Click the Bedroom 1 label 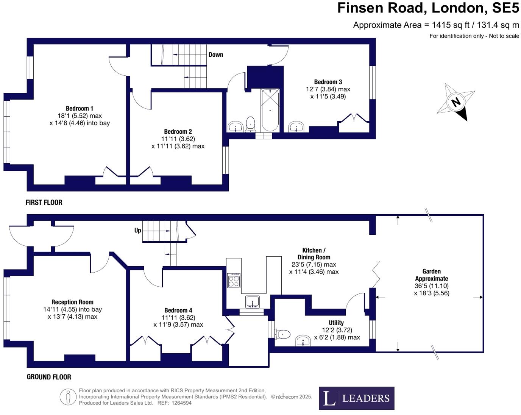(80, 109)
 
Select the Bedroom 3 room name (328, 82)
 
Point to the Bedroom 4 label (178, 310)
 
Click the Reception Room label (72, 302)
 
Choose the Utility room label (336, 323)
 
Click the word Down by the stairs (216, 55)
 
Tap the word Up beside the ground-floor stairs (137, 230)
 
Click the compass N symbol (456, 102)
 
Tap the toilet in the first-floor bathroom (250, 123)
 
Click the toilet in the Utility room (283, 334)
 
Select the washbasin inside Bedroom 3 (296, 126)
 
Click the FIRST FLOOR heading (44, 203)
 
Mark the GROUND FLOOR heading (49, 377)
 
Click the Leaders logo (356, 398)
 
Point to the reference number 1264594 (181, 403)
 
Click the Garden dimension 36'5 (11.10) (431, 286)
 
